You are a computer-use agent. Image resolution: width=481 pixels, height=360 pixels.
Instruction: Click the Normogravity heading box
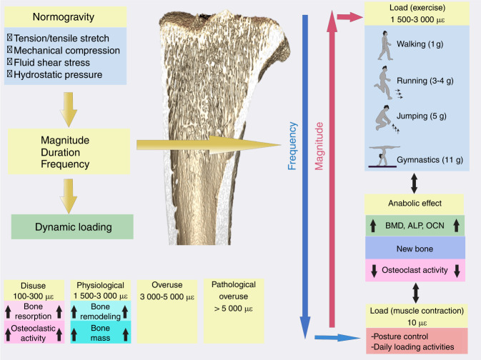68,14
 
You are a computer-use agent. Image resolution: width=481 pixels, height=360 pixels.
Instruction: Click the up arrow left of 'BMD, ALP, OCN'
374,226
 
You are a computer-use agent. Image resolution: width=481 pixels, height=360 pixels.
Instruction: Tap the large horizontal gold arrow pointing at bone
207,145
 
